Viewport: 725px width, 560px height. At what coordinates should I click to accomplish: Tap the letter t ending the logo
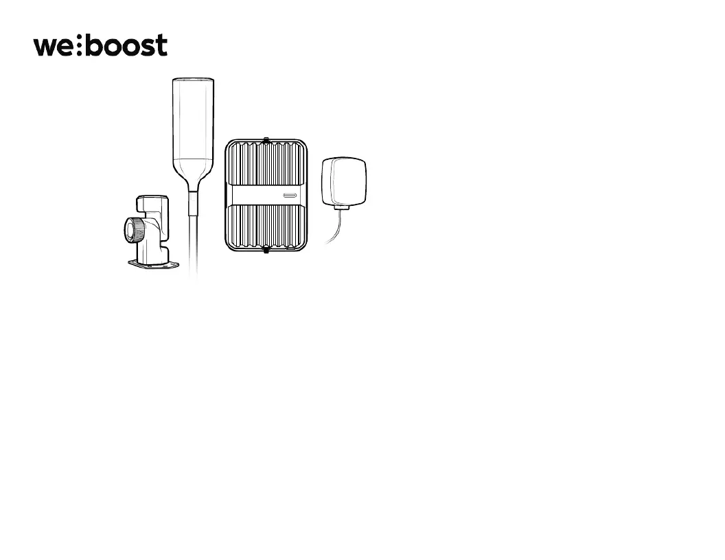[x=161, y=46]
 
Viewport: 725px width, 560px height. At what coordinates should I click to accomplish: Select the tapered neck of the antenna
[x=193, y=173]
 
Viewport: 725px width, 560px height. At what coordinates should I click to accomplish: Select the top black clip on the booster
[x=265, y=141]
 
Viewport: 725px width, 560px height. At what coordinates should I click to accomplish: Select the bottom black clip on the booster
[x=265, y=249]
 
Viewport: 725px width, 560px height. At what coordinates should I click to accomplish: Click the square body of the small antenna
[x=344, y=181]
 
